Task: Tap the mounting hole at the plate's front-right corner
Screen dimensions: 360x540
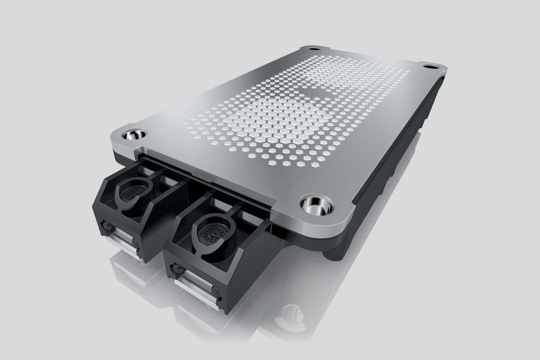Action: pyautogui.click(x=317, y=204)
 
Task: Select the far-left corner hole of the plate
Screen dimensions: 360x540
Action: pyautogui.click(x=314, y=48)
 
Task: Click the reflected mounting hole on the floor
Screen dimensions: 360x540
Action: pyautogui.click(x=289, y=313)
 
